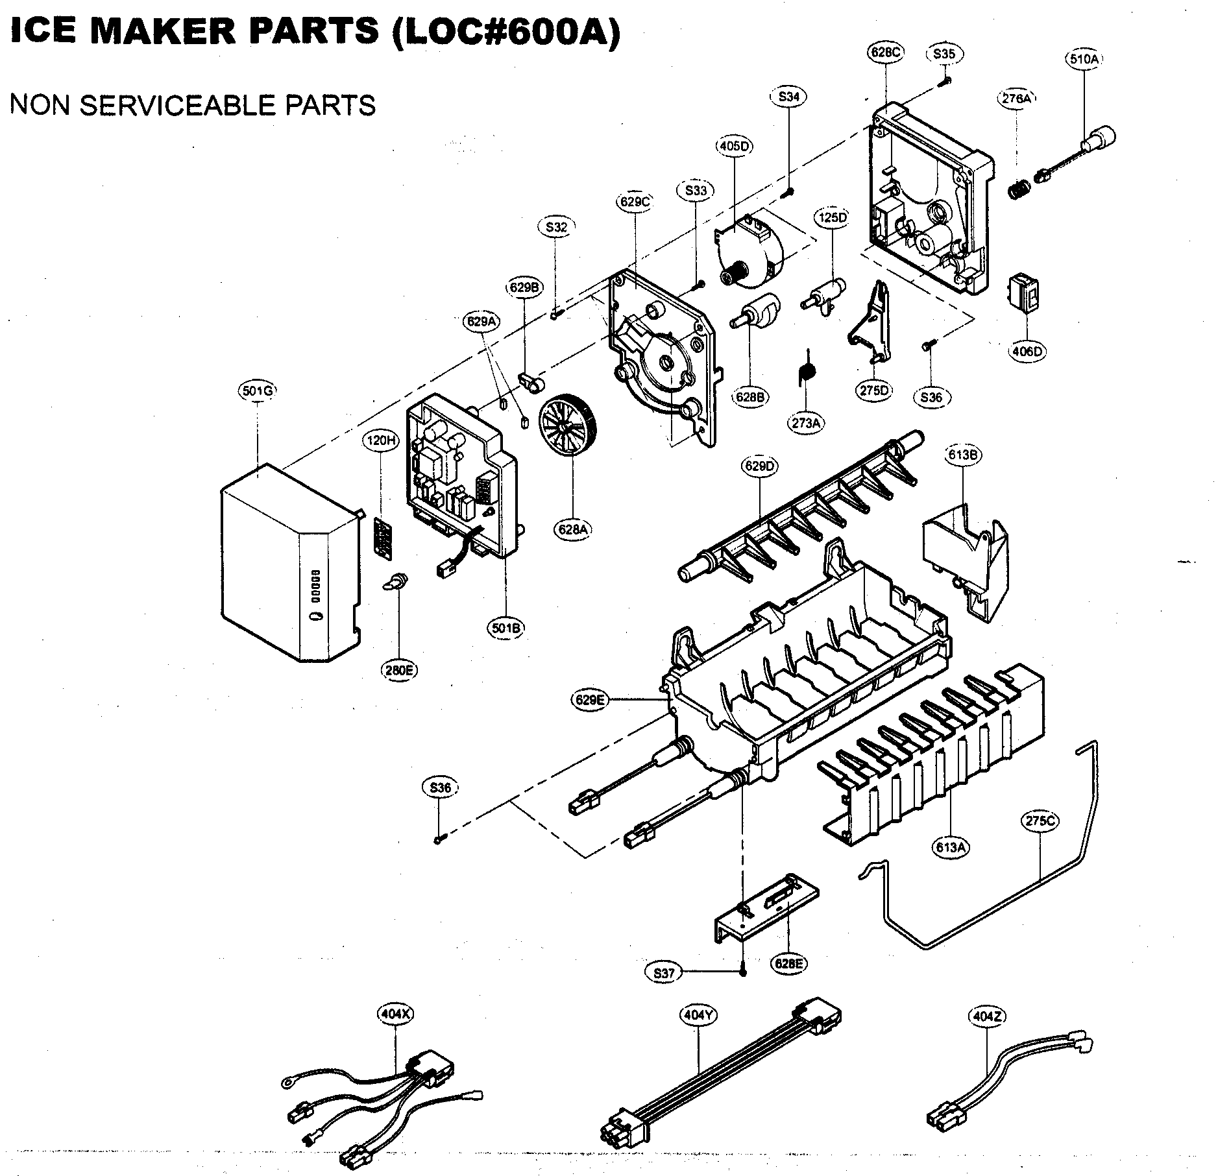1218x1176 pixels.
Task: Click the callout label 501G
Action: coord(258,390)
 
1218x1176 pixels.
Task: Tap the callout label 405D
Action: coord(734,146)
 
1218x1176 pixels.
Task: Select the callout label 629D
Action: coord(760,466)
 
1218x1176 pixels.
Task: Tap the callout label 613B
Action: coord(962,455)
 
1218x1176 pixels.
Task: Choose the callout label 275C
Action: coord(1040,821)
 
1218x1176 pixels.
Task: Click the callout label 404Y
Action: coord(699,1015)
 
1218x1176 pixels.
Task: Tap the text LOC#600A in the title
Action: coord(505,31)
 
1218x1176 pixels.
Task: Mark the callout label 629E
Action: coord(590,700)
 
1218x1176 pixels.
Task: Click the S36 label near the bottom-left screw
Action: coord(440,787)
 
